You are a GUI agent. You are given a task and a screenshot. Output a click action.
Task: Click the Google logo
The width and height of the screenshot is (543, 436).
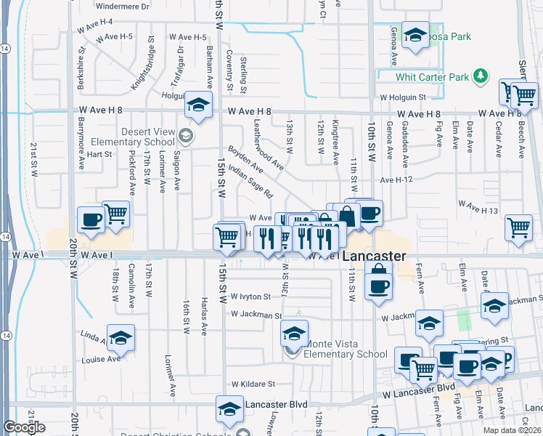pos(24,427)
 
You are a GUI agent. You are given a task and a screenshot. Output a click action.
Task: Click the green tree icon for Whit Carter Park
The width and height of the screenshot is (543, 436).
pos(479,76)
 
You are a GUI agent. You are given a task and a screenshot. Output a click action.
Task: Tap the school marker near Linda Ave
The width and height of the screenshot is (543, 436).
pos(121,338)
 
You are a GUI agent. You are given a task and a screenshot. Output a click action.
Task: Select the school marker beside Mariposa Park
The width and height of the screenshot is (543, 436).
pos(415,35)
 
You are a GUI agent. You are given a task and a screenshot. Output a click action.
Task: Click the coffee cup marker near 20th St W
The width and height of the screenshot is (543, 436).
pos(91,219)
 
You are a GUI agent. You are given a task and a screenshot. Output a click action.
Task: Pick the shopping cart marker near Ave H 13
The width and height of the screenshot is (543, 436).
pos(518,227)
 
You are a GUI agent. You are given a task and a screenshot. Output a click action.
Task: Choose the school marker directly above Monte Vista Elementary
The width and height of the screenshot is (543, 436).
pos(294,333)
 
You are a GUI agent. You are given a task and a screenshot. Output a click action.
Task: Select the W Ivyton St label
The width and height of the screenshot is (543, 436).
pos(250,296)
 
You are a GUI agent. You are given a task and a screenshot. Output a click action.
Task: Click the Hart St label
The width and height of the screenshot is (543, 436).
pos(99,154)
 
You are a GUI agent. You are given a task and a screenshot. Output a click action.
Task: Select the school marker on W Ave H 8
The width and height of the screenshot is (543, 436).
pos(198,105)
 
